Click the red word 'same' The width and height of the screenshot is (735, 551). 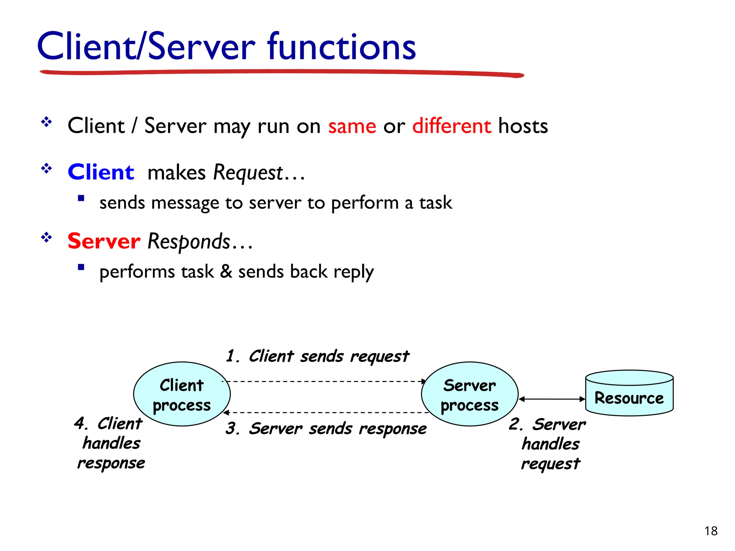tap(352, 126)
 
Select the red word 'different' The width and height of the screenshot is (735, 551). tap(451, 126)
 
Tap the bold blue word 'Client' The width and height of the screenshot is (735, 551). tap(101, 172)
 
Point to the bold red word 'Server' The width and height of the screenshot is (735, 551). tap(104, 241)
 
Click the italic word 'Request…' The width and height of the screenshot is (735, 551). tap(258, 173)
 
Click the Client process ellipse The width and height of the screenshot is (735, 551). tap(182, 394)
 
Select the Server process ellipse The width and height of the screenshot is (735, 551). tap(469, 394)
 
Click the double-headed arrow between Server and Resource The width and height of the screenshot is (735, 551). tap(552, 399)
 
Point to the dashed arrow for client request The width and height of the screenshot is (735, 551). tap(325, 381)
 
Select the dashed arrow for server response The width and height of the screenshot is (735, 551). tap(325, 413)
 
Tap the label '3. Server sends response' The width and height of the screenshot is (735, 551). tap(326, 429)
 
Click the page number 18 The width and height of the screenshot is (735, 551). tap(711, 531)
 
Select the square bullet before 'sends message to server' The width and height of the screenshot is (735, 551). tap(81, 198)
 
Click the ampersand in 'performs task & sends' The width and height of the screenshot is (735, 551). tap(226, 271)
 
